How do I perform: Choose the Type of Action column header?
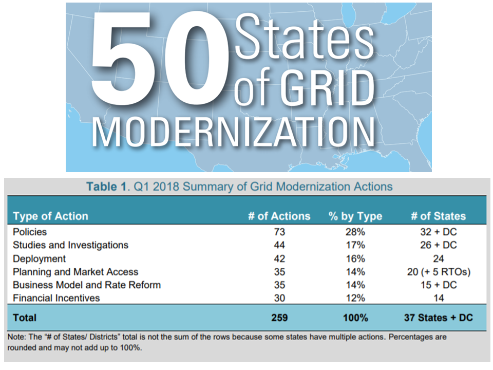pyautogui.click(x=50, y=216)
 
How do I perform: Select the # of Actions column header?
pyautogui.click(x=279, y=216)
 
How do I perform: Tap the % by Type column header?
pyautogui.click(x=355, y=216)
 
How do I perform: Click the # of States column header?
pyautogui.click(x=438, y=216)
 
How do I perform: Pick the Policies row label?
pyautogui.click(x=30, y=232)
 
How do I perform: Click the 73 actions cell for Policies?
pyautogui.click(x=279, y=232)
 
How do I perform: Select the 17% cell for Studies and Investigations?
pyautogui.click(x=355, y=245)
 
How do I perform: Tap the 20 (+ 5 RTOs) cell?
pyautogui.click(x=438, y=272)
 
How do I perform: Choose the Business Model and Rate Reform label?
pyautogui.click(x=87, y=285)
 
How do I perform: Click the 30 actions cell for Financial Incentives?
pyautogui.click(x=279, y=298)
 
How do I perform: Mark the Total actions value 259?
pyautogui.click(x=279, y=318)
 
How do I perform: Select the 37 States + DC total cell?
pyautogui.click(x=438, y=318)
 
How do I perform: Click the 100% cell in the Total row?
pyautogui.click(x=355, y=318)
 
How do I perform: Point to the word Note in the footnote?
pyautogui.click(x=17, y=338)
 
